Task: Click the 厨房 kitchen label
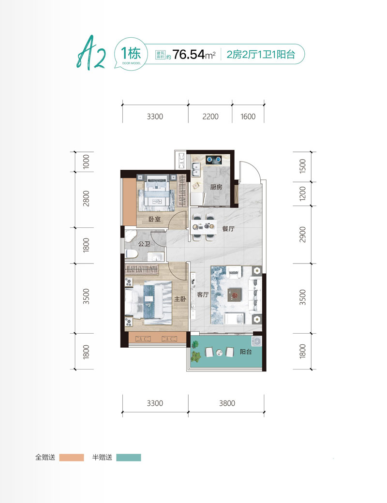tap(216, 187)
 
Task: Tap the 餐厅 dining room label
tap(228, 229)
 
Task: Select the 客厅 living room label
tap(203, 295)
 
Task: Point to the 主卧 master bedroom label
tap(180, 299)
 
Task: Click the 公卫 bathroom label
tap(144, 244)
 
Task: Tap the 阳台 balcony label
tap(246, 352)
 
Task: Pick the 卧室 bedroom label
tap(154, 219)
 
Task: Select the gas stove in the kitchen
tap(214, 159)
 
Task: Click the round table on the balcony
tap(219, 353)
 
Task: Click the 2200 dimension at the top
tap(210, 117)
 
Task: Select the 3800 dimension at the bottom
tap(227, 403)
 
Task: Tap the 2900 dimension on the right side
tap(303, 235)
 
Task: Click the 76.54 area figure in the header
tap(189, 55)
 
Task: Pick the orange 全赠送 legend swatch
tap(72, 458)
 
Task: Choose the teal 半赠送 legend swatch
tap(129, 458)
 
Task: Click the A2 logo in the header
tap(91, 53)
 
